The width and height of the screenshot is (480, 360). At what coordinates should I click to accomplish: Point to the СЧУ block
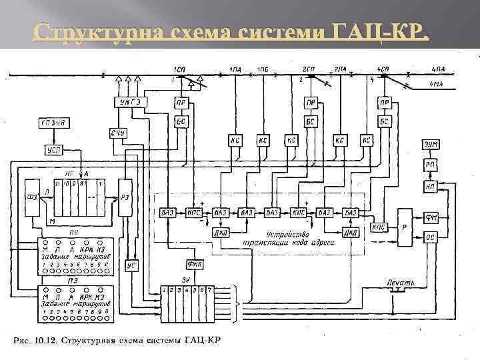coord(119,134)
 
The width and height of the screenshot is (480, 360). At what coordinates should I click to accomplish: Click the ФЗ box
coord(31,197)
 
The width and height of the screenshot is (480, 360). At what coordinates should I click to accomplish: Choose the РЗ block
coord(127,197)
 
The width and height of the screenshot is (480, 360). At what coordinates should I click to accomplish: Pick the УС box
coord(132,265)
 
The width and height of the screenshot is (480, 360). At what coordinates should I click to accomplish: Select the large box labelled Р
coord(405,226)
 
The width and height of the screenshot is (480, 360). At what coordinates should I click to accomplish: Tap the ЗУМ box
coord(430,145)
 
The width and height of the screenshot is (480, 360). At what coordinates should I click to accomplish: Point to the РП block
coord(430,165)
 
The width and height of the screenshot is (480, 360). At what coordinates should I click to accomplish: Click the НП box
coord(430,187)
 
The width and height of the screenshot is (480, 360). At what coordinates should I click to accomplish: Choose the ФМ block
coord(430,217)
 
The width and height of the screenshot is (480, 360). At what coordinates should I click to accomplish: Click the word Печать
coord(401,283)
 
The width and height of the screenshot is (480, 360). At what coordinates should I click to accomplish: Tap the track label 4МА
coord(437,84)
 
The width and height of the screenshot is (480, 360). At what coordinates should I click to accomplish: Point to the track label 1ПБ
coord(263,69)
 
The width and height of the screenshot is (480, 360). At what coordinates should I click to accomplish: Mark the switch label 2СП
coord(308,69)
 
